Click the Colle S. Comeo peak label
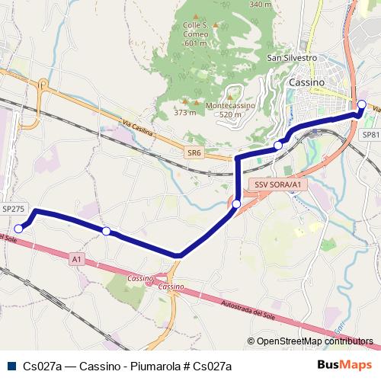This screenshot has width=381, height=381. coord(196,34)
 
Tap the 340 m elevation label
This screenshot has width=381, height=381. coord(260,5)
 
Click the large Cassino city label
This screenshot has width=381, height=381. coord(307,82)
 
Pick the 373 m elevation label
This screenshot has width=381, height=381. coord(184,113)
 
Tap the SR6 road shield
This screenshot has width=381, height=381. coord(194,153)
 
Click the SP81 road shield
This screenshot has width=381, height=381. coord(370,135)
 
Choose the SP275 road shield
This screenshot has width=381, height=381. coord(13,208)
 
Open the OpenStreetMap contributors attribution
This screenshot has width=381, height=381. coord(309,342)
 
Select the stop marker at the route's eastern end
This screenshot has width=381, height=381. coord(361,104)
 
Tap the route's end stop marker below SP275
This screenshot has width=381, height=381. coord(20,227)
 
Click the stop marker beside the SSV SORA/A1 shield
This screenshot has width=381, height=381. coord(237,203)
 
